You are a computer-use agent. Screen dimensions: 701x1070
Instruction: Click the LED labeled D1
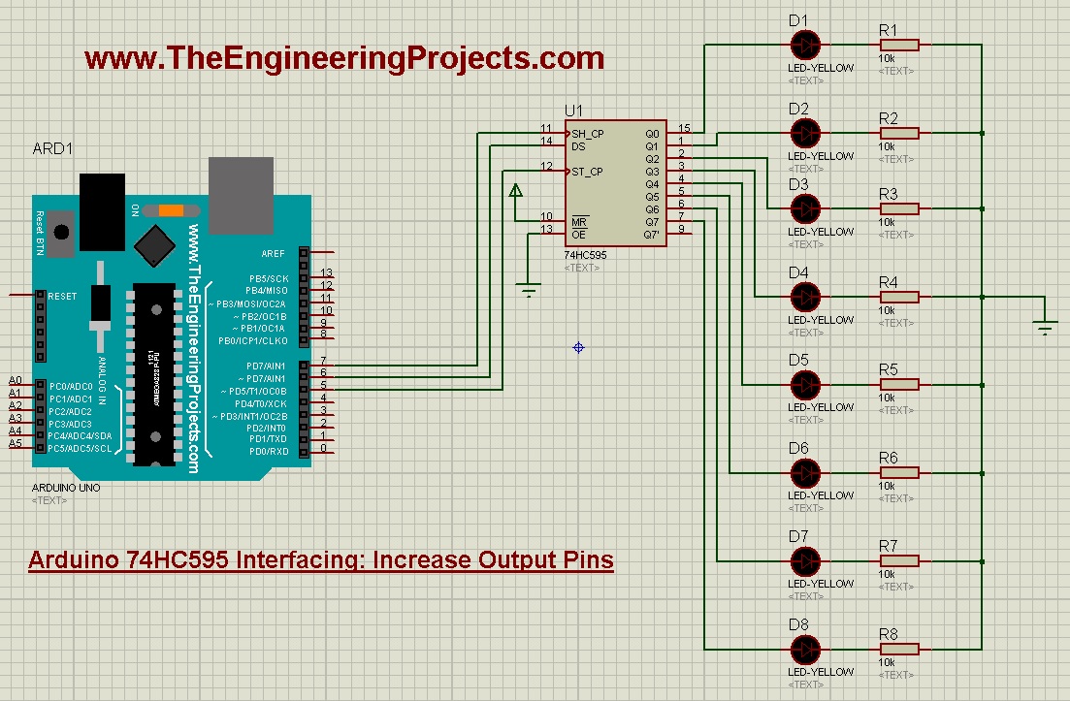[x=805, y=45]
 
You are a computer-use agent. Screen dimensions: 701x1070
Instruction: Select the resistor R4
[x=900, y=297]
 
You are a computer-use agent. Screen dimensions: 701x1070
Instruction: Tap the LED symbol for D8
[x=805, y=649]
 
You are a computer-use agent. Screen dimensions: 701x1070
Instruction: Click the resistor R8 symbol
[x=900, y=649]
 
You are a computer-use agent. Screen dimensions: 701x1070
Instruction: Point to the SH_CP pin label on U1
[x=588, y=134]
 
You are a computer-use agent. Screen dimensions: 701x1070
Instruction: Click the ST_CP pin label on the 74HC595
[x=588, y=172]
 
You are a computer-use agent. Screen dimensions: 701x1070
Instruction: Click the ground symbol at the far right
[x=1045, y=328]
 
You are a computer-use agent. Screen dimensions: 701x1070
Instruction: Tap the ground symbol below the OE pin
[x=529, y=288]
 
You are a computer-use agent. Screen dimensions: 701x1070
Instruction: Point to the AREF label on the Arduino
[x=274, y=254]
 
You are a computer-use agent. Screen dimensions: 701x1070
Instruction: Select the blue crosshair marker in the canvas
[x=579, y=347]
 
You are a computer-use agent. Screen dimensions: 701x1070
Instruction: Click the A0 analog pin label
[x=15, y=380]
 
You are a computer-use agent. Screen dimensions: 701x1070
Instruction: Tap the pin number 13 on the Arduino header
[x=326, y=273]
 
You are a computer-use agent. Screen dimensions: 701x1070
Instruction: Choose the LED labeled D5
[x=805, y=385]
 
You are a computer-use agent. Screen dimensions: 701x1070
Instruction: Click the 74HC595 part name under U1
[x=586, y=254]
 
